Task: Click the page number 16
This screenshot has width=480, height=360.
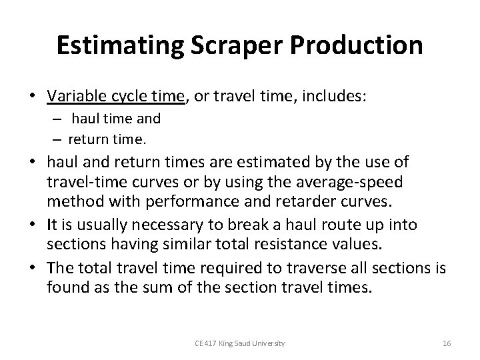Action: click(447, 343)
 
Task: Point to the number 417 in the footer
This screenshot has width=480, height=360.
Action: click(211, 343)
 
